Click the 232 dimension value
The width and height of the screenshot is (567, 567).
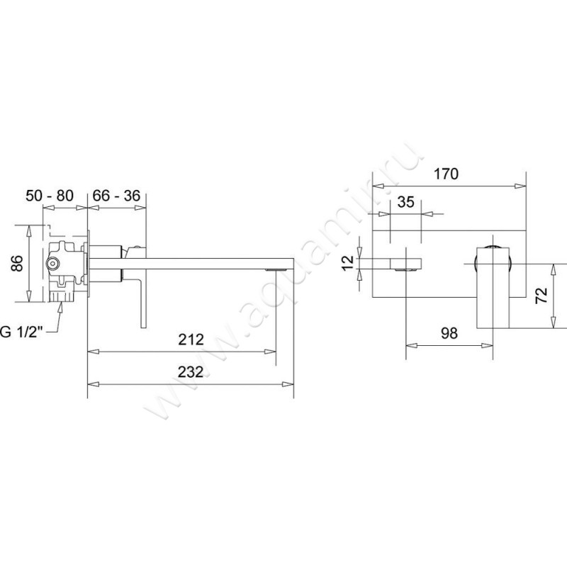[x=191, y=371]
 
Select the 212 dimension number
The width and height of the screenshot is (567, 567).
[x=191, y=339]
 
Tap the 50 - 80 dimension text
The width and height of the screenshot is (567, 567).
[x=50, y=196]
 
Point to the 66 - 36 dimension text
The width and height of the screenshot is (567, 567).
[x=116, y=196]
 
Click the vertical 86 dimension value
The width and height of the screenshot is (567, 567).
[x=16, y=263]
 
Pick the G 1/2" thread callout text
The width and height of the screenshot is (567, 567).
[x=21, y=332]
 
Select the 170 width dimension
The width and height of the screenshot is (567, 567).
[x=446, y=174]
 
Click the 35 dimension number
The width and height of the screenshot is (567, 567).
[x=405, y=202]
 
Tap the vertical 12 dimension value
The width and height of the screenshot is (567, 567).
[x=348, y=263]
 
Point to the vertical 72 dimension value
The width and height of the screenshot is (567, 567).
[x=541, y=296]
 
